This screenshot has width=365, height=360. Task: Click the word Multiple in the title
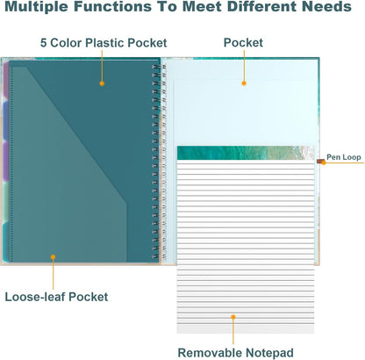pos(37,6)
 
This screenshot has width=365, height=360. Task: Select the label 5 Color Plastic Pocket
pos(104,43)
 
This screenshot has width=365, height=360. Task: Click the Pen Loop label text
pos(344,157)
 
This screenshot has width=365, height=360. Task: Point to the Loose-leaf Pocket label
pos(56,297)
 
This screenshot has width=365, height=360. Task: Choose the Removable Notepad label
pos(235,353)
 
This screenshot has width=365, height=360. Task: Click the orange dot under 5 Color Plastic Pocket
pos(102,83)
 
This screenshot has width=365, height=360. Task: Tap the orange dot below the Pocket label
pos(244,83)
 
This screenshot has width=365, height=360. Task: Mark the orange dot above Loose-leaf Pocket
pos(53,257)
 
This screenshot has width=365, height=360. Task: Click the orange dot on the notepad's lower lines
pos(233,317)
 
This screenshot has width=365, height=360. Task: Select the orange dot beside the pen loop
pos(324,162)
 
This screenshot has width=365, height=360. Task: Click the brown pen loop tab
pos(320,161)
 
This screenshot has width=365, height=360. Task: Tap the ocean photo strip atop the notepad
pos(246,153)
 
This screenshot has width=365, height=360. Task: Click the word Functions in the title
pos(112,6)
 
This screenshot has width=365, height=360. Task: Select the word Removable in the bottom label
pos(210,353)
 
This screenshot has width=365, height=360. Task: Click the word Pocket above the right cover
pos(243,43)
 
